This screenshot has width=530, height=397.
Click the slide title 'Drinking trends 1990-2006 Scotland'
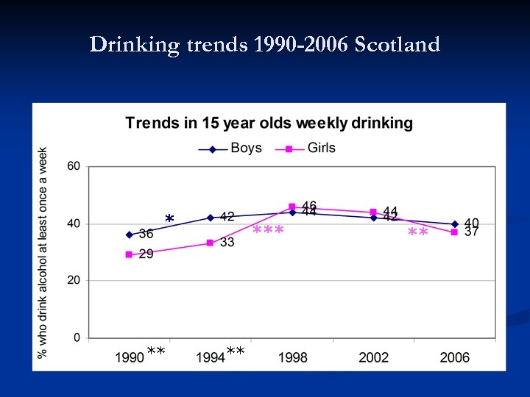click(x=265, y=45)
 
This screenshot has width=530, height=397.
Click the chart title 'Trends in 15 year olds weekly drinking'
click(x=269, y=123)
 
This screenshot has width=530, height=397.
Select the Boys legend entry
click(x=230, y=149)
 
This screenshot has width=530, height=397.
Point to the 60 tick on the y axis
click(x=74, y=166)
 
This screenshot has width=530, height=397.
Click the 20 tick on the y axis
click(x=74, y=281)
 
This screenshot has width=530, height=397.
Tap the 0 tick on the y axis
click(x=77, y=338)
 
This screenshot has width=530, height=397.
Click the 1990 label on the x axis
click(x=130, y=358)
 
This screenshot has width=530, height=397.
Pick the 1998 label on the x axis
click(x=292, y=358)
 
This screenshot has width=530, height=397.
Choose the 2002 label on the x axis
click(x=373, y=358)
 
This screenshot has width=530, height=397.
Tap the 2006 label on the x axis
click(x=454, y=358)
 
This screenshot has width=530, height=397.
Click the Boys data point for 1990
click(x=130, y=235)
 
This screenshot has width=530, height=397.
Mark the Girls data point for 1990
click(x=129, y=254)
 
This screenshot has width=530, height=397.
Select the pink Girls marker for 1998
click(x=292, y=207)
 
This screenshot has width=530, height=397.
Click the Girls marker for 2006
click(x=454, y=232)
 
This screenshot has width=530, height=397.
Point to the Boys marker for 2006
click(x=454, y=223)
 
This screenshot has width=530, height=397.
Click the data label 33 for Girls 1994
click(x=227, y=242)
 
